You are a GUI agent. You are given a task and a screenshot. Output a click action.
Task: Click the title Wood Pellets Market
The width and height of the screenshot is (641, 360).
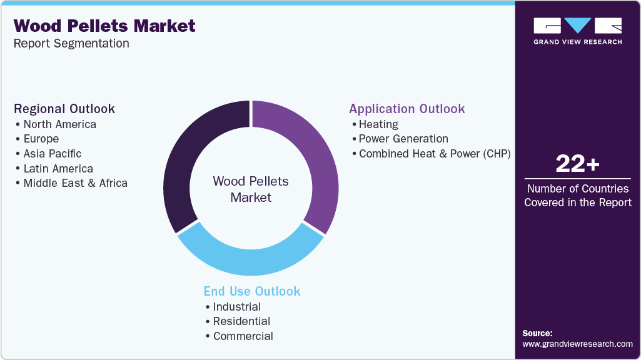point(104,26)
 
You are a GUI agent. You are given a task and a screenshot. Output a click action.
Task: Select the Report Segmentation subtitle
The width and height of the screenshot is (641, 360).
point(71,43)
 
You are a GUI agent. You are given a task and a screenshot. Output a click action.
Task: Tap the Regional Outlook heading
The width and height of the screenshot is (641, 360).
point(64,109)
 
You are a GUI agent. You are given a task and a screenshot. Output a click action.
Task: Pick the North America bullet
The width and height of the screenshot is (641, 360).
point(59,124)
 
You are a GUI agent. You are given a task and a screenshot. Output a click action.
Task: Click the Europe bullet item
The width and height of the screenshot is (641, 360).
point(41,139)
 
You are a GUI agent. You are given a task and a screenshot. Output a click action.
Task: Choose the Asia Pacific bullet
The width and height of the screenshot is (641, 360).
point(52,154)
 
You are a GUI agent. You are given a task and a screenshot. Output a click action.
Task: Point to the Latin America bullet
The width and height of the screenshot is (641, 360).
point(58,169)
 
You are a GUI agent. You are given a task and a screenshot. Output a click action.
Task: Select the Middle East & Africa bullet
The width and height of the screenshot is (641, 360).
point(75,183)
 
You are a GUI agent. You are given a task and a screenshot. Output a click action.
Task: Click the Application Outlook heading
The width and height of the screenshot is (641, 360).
point(407,109)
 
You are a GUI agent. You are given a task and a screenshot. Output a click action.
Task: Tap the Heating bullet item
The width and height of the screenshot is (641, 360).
point(378,124)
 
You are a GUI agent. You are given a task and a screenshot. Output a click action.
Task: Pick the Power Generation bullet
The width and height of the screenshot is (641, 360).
point(403,139)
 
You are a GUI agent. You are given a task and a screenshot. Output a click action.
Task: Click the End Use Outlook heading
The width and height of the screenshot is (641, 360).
point(252,291)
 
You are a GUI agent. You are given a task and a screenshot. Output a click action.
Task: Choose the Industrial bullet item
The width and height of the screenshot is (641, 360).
point(237,306)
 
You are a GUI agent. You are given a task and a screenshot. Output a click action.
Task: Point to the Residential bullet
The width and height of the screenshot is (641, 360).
point(241,321)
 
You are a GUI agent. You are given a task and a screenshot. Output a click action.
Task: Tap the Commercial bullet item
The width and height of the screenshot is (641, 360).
point(243,336)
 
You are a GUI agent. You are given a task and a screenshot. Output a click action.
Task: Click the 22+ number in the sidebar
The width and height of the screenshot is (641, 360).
point(578,164)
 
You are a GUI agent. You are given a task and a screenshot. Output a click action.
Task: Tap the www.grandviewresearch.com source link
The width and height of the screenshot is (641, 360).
point(578,344)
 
